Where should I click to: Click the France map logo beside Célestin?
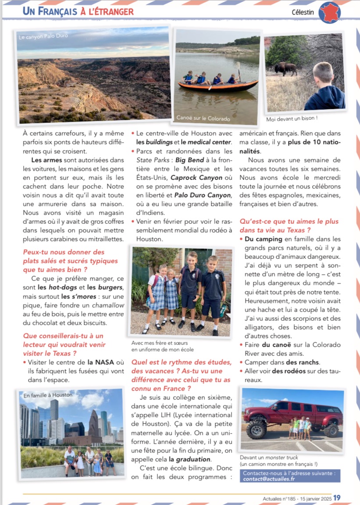(x=330, y=12)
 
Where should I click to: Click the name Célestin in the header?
(x=303, y=12)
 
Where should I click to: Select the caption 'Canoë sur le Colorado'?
(x=203, y=118)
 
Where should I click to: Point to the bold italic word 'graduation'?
(x=193, y=459)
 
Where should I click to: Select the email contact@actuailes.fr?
(x=269, y=479)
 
